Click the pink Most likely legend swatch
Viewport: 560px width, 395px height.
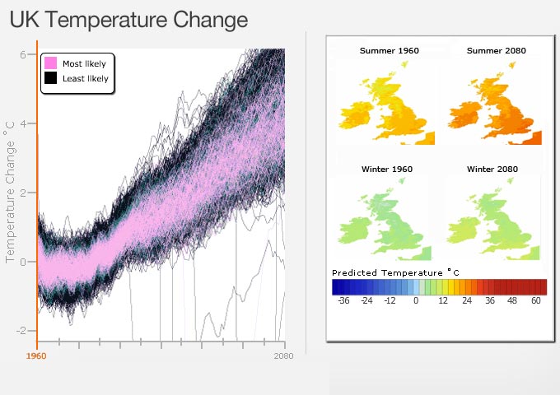[50, 63]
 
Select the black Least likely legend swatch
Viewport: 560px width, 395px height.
[50, 78]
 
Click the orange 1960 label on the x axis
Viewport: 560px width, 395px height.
[36, 356]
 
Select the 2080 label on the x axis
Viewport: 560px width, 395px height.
[284, 356]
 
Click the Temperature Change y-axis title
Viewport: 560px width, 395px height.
[11, 192]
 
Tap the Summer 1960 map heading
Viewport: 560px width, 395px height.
[390, 51]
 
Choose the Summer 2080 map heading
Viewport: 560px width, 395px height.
[496, 51]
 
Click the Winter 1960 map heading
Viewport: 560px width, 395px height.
[387, 169]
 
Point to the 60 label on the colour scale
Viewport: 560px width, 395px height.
[536, 301]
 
